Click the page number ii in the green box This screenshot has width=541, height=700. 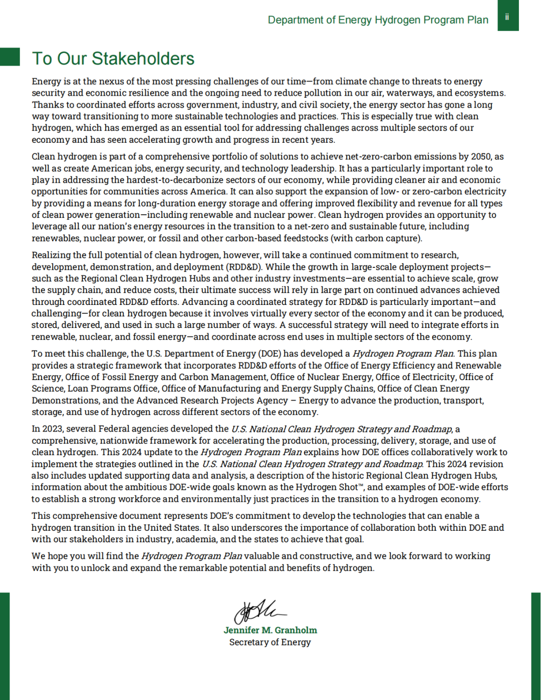click(x=507, y=17)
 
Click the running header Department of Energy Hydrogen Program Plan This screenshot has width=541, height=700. click(x=378, y=20)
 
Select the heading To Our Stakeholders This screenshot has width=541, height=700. click(x=113, y=59)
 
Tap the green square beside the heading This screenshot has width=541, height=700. click(x=10, y=57)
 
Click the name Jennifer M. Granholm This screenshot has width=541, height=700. click(x=270, y=630)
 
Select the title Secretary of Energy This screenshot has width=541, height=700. click(x=270, y=642)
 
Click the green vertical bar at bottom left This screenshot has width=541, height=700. click(x=5, y=646)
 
